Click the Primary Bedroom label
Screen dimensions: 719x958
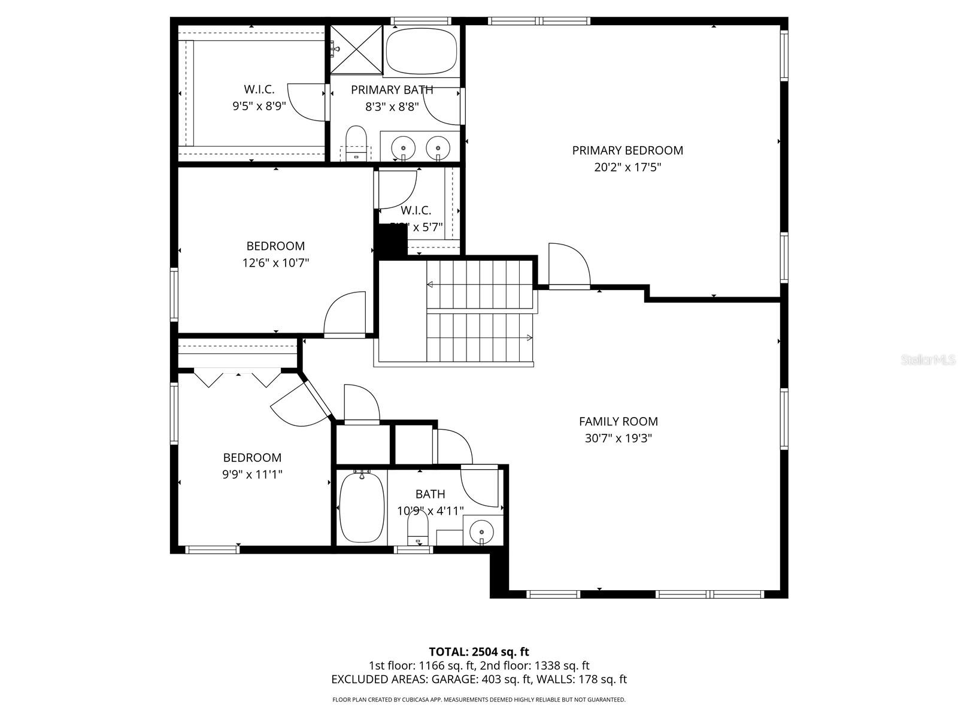point(627,150)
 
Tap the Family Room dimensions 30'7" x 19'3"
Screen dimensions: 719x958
point(618,438)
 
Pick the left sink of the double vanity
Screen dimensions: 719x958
point(403,147)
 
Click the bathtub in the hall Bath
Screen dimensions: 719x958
point(362,507)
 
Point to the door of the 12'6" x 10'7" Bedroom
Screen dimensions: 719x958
point(346,314)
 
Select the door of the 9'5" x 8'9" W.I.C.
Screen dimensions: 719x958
point(307,102)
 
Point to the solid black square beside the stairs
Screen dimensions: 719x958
point(390,240)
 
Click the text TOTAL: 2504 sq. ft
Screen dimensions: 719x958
point(478,651)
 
